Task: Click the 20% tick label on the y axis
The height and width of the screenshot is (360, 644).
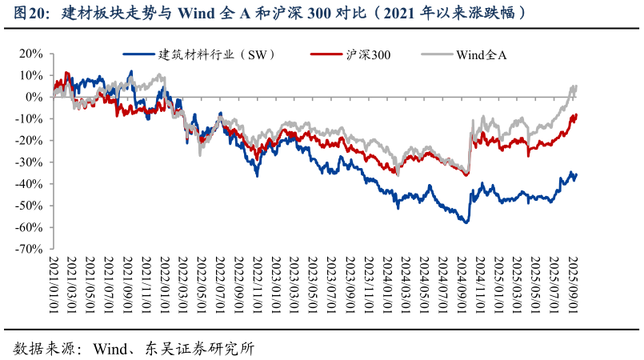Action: tap(30, 54)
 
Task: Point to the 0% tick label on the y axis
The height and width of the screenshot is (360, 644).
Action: tap(34, 97)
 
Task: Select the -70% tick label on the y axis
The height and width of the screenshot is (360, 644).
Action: tap(29, 249)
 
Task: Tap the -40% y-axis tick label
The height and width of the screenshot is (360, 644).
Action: tap(29, 184)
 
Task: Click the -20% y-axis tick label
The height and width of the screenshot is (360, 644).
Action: tap(29, 140)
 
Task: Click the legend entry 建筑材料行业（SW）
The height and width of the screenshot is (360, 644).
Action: tap(218, 54)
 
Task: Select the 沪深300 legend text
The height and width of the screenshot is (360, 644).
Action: tap(367, 54)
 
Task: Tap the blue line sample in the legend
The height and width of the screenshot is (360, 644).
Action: tap(139, 54)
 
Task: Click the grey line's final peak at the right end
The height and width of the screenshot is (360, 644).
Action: tap(575, 86)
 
